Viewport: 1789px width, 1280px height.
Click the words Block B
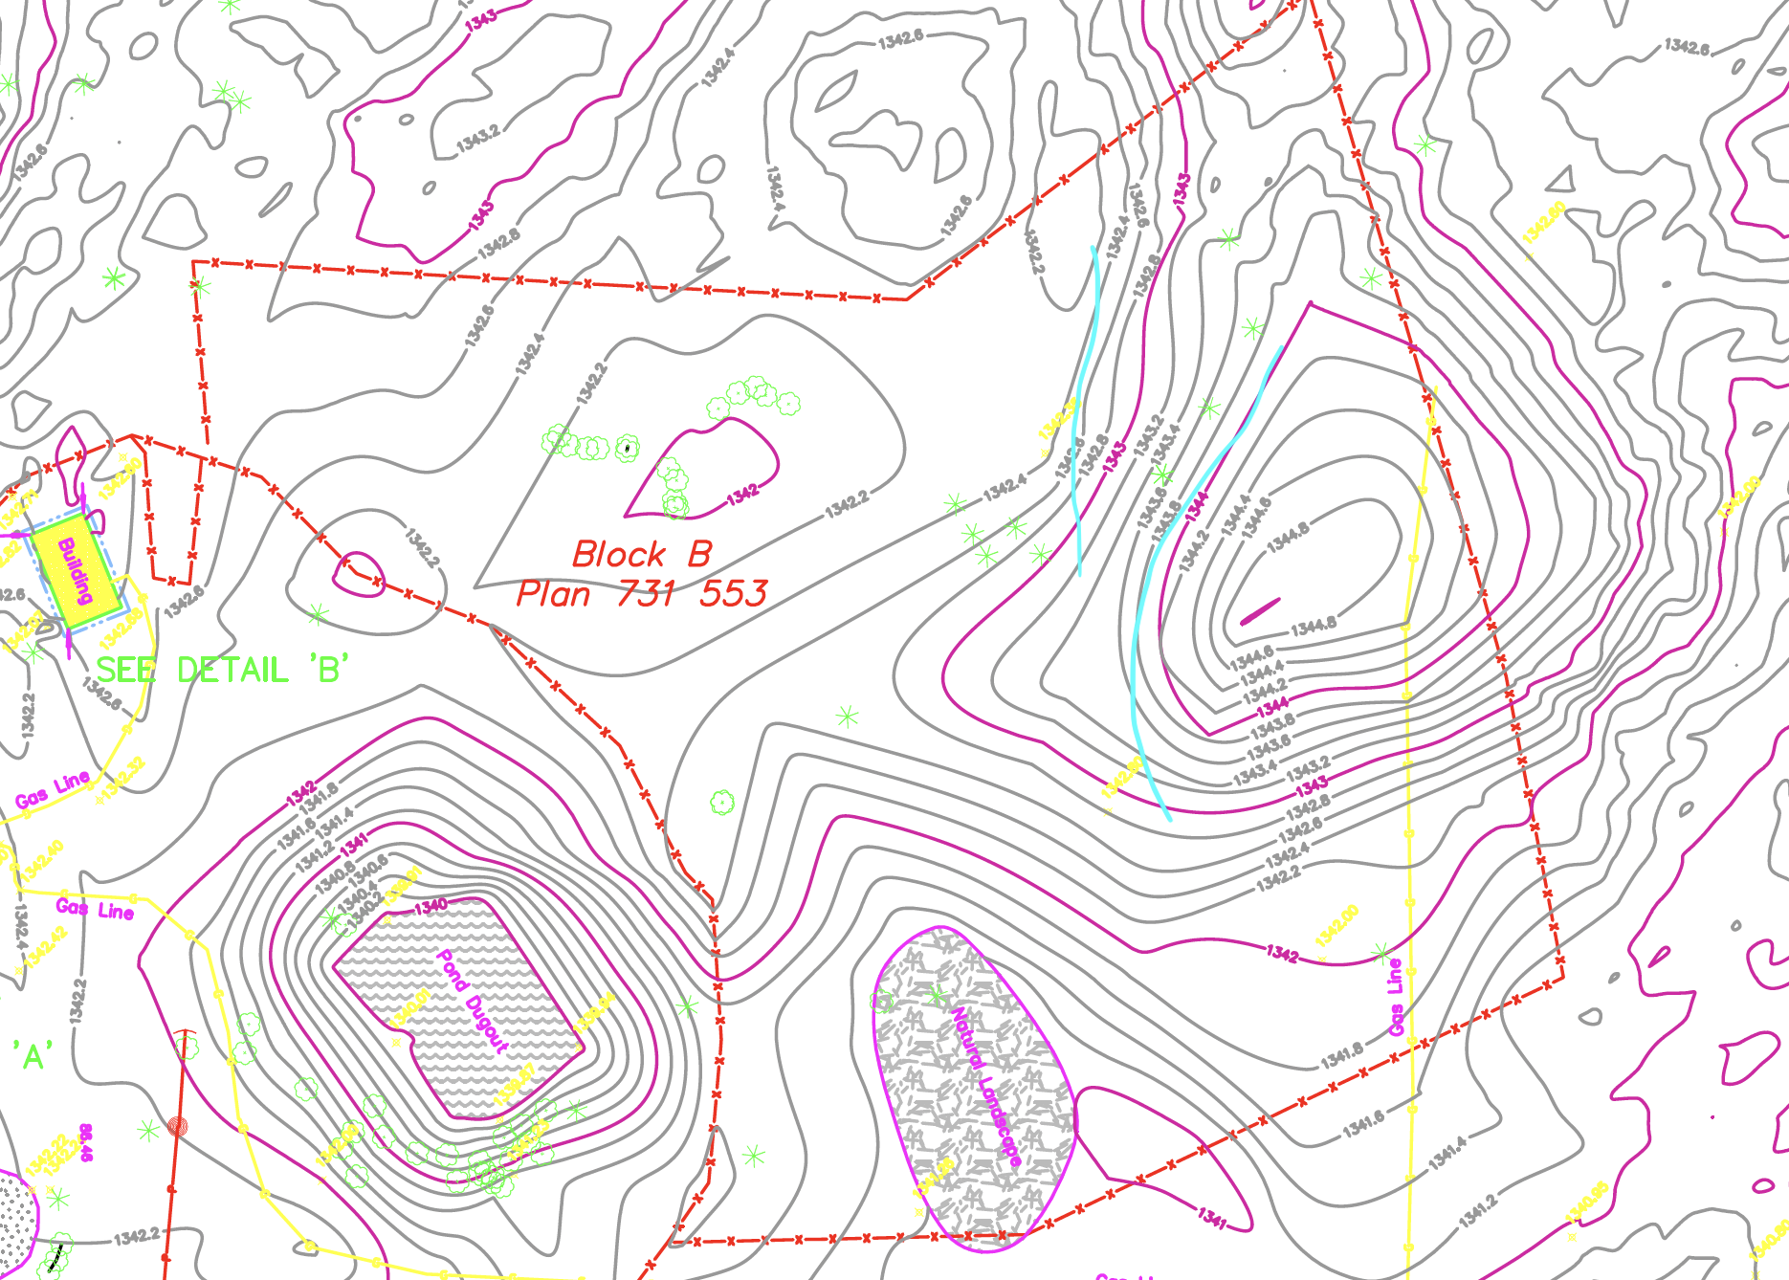(642, 555)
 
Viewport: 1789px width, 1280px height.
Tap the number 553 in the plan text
(734, 594)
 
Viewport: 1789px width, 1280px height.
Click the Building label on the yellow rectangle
(76, 571)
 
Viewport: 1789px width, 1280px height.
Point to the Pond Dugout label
(471, 1000)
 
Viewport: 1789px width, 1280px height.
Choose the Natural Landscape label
(985, 1086)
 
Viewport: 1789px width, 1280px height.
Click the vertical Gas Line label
(1396, 997)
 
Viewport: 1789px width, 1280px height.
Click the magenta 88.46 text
(86, 1142)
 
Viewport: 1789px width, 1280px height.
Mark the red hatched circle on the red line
(177, 1126)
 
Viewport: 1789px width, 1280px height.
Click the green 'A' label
(33, 1057)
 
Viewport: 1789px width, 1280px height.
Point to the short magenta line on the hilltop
(1260, 611)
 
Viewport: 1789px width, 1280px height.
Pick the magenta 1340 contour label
(431, 905)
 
